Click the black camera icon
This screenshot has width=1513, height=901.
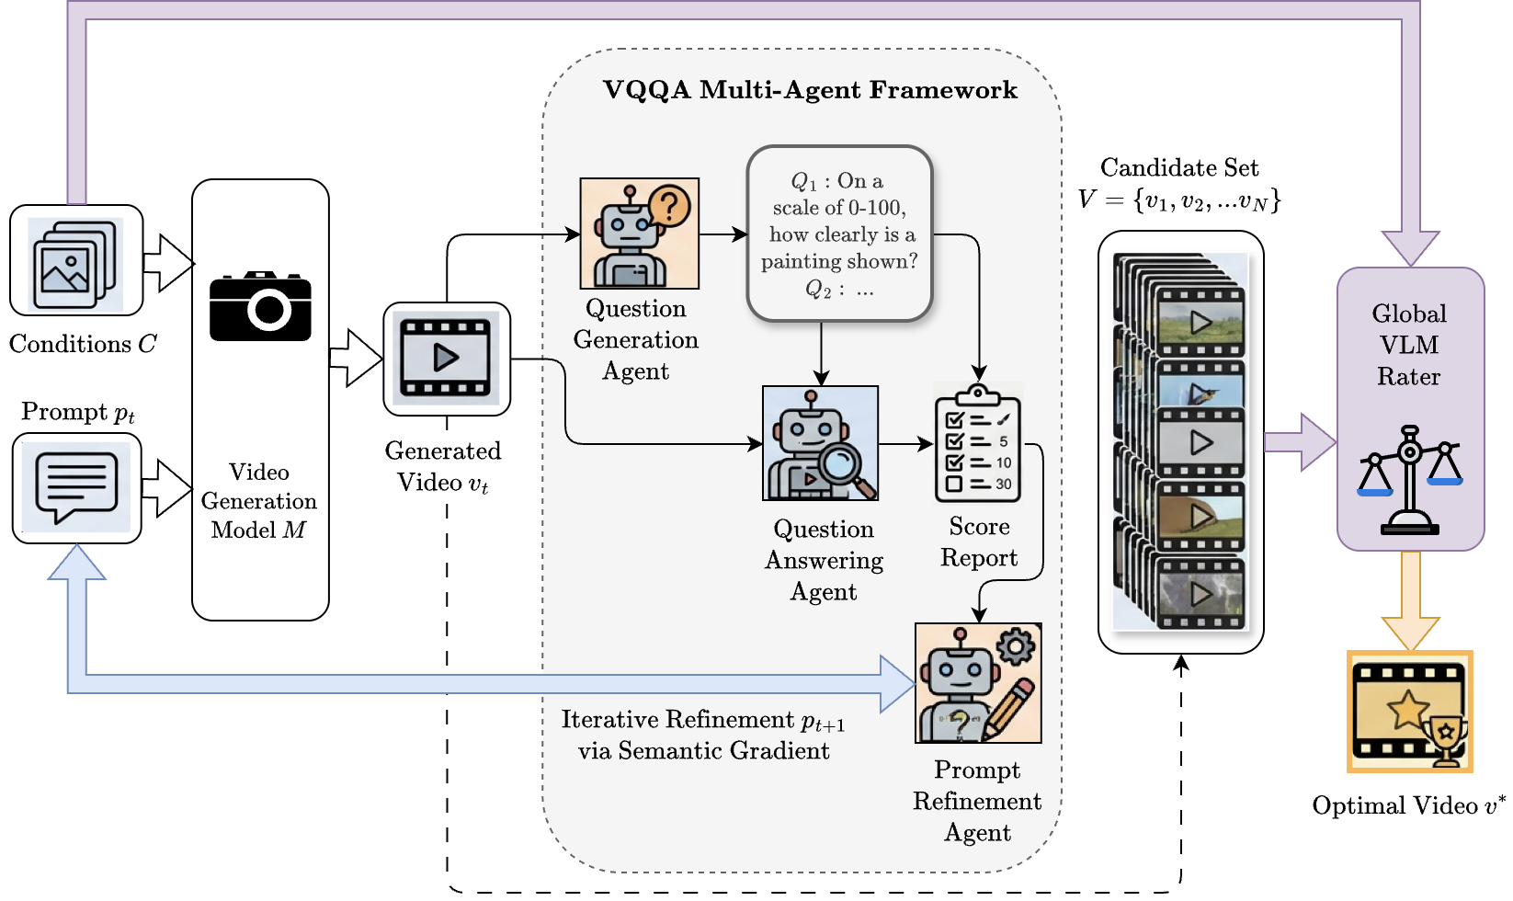(260, 306)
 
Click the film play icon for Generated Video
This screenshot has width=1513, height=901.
(447, 358)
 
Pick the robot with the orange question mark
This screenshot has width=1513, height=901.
(639, 234)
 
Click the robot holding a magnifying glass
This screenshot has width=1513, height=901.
(820, 443)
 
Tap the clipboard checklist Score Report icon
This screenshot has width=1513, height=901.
(978, 443)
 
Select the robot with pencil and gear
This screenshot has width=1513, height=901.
(978, 682)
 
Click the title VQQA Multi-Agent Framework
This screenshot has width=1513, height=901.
(810, 90)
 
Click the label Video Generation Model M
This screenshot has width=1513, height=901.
(259, 501)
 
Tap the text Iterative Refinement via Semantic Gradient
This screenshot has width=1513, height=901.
(703, 735)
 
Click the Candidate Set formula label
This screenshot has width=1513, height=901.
(1179, 184)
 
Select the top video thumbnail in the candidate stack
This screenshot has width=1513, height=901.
(1200, 322)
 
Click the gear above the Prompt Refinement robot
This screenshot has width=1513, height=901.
(1016, 645)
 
